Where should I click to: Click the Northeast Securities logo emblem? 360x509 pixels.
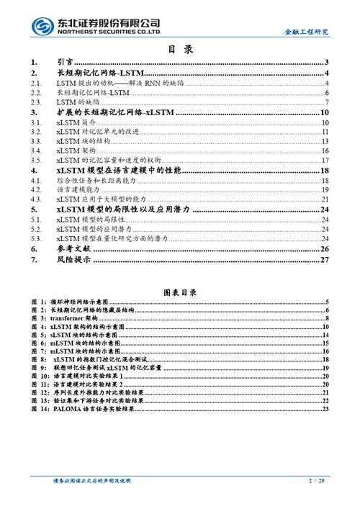click(x=42, y=27)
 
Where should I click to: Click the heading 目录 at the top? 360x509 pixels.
click(x=180, y=50)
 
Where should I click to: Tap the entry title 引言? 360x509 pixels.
click(x=64, y=63)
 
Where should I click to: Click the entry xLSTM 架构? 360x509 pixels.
click(x=77, y=152)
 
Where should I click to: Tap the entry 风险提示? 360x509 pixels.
click(x=73, y=259)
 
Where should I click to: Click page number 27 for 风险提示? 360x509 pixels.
click(x=324, y=259)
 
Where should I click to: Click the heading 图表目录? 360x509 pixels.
click(x=180, y=292)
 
